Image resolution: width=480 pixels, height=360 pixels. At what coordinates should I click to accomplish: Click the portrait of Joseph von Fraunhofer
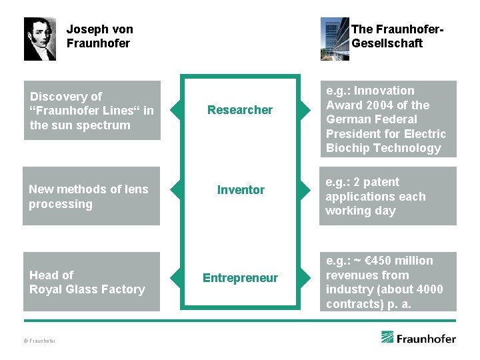point(40,39)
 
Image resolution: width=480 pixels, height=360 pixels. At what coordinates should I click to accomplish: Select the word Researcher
point(240,110)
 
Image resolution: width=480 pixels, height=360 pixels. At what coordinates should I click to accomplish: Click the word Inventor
point(241,190)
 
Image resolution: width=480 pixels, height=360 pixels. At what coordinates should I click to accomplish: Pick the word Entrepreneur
point(240,278)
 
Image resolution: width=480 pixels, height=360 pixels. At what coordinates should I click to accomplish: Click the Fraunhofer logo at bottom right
point(419,338)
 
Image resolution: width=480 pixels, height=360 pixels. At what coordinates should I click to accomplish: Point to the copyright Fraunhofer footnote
point(39,341)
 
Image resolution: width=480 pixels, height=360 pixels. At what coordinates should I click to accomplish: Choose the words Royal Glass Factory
point(87,289)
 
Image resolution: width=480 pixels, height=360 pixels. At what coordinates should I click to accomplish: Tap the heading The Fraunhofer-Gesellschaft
point(397,36)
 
